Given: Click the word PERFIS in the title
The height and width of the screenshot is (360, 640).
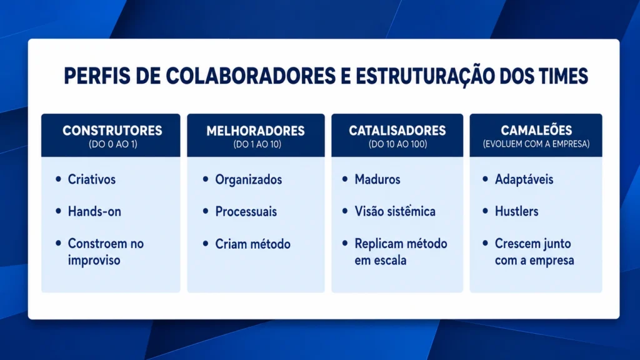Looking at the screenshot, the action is pos(97,76).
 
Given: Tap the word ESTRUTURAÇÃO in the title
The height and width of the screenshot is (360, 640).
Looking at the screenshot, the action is pos(424,77).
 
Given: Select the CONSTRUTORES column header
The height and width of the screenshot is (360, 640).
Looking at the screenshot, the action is pos(112,131).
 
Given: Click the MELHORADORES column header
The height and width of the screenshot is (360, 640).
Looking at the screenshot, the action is pos(256,131).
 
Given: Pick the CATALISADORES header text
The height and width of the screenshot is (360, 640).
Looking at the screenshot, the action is pos(397,131).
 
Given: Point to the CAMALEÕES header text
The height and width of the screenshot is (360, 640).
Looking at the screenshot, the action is pos(536,130).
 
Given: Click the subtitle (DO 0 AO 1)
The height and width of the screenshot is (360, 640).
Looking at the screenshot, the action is pos(113,144).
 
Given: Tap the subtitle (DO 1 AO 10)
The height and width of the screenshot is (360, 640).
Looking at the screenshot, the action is pos(257,144).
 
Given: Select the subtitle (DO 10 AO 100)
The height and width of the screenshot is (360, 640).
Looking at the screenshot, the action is pos(398,144).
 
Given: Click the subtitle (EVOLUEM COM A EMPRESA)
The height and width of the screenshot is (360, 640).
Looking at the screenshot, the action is pos(536,144).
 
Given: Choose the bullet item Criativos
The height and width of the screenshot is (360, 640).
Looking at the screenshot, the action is pos(92,179).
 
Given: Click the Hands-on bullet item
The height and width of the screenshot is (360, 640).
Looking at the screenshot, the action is pos(94,211).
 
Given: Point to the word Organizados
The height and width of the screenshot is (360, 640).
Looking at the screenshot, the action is pos(249,179).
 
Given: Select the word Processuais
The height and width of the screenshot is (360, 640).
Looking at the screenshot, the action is pos(246,211).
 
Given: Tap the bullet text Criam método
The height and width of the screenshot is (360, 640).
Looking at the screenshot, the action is pos(253,244).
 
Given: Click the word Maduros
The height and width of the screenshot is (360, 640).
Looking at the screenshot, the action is pos(377,179).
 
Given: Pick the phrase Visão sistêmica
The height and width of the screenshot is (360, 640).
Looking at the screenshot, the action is pos(395,211).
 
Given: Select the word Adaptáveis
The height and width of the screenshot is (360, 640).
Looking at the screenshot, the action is pos(524,179).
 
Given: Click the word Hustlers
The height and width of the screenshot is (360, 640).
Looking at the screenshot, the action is pos(517,211).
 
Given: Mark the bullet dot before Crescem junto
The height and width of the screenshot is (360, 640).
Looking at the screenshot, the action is pos(485,243).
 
